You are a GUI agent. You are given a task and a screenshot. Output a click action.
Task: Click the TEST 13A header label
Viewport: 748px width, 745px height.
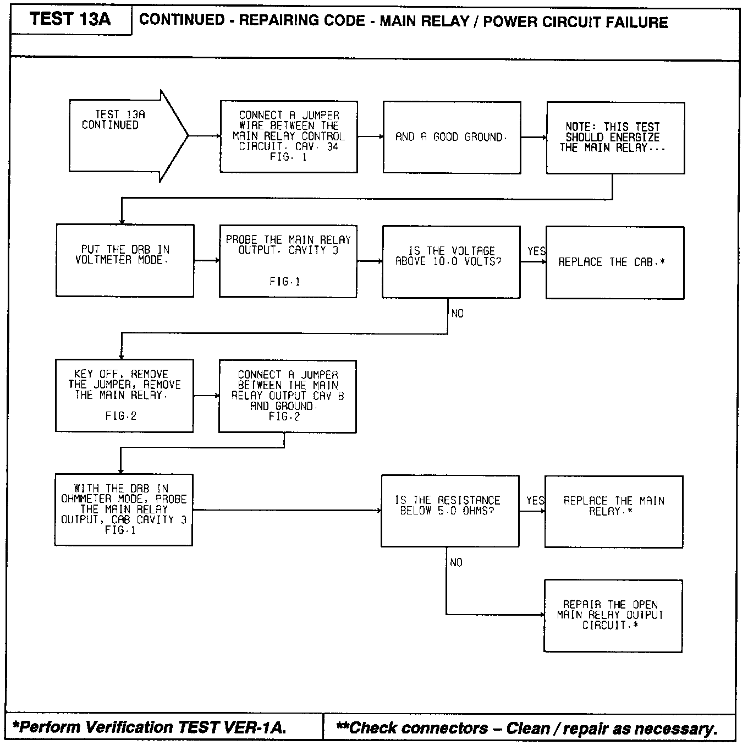[70, 19]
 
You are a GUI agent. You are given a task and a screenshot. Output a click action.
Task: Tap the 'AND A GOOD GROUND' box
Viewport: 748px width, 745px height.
[452, 137]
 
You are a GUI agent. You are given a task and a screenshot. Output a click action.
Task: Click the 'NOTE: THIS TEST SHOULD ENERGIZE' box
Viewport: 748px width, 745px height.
[615, 138]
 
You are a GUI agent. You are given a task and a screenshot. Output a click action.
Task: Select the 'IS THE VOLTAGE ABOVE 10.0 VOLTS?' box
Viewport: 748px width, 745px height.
[451, 261]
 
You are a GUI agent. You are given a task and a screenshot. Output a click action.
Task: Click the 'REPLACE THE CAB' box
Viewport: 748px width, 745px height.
[614, 262]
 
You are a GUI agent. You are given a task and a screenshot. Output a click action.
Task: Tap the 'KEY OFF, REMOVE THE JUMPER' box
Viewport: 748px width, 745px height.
[124, 396]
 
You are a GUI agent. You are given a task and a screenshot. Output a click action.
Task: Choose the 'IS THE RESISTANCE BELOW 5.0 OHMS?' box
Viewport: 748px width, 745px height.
[449, 511]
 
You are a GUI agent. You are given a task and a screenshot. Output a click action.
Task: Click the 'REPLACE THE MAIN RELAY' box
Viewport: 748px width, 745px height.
[613, 511]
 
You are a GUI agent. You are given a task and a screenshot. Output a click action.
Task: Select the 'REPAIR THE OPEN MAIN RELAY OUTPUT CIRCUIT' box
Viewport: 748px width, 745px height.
[613, 615]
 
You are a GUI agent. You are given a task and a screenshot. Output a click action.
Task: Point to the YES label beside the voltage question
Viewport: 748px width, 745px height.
[536, 251]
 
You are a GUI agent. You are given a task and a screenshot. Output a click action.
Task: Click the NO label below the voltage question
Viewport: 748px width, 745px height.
[457, 314]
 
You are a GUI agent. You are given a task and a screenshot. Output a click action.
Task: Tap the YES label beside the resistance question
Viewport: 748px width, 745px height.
[535, 501]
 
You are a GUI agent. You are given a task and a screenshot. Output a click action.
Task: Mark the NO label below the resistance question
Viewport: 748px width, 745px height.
[456, 562]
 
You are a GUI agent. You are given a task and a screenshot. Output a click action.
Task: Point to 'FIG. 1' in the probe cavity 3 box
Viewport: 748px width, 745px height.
[285, 282]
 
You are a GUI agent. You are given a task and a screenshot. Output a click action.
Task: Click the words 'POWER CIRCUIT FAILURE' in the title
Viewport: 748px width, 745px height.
[575, 22]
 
